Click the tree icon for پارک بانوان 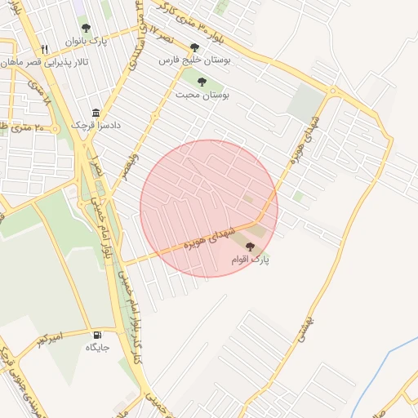click(x=86, y=28)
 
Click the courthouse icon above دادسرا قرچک click(x=96, y=113)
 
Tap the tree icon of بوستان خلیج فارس click(x=194, y=47)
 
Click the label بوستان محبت click(x=202, y=95)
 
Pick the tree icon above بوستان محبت click(x=202, y=81)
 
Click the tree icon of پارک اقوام click(x=250, y=246)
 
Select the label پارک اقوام click(x=250, y=260)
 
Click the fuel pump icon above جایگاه click(x=98, y=334)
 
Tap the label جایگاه click(x=98, y=348)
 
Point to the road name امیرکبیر click(x=53, y=337)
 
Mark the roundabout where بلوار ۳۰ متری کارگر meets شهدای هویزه click(x=333, y=91)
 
